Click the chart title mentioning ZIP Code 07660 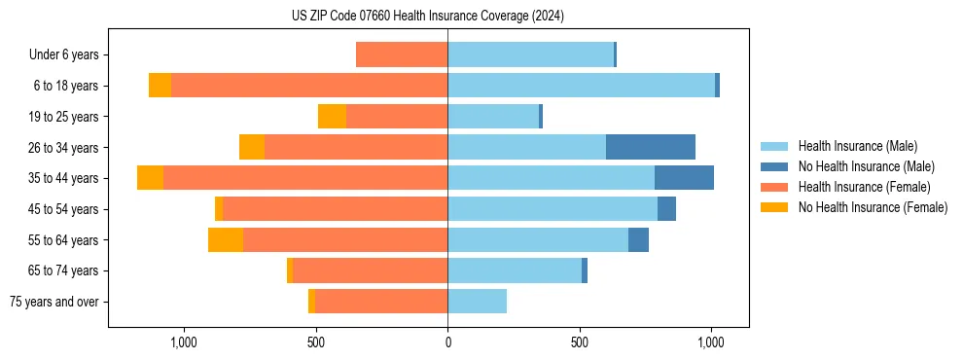click(427, 16)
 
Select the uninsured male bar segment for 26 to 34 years click(650, 147)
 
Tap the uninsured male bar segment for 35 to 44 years click(684, 178)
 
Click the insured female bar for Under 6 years click(402, 54)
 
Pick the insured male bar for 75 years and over click(477, 302)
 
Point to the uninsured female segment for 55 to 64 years click(226, 239)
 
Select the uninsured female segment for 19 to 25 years click(332, 117)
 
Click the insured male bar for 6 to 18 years click(581, 86)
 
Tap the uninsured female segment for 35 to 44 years click(150, 178)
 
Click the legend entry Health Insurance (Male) click(857, 146)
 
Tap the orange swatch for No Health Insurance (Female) click(774, 207)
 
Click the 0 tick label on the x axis click(447, 342)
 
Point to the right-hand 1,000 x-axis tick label click(711, 342)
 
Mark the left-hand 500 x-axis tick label click(315, 342)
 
